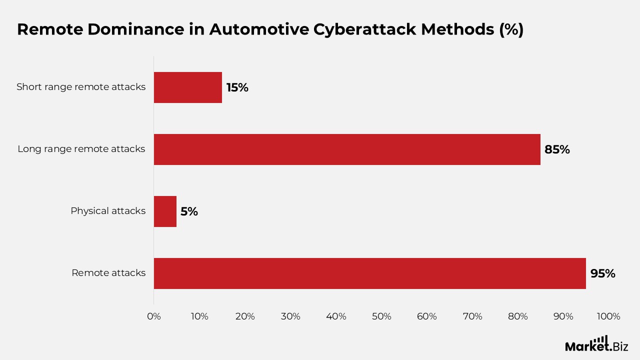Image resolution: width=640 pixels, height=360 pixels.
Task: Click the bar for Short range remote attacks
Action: point(188,87)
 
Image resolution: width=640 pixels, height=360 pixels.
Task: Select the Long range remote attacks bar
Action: point(347,149)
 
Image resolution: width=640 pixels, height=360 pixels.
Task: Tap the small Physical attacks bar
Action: point(165,211)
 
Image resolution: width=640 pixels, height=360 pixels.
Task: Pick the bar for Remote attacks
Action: point(369,273)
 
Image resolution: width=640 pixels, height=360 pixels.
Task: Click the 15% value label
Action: point(237,87)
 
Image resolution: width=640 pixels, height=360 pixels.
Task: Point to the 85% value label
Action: point(557,149)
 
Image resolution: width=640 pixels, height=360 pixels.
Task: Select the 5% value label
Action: point(189,211)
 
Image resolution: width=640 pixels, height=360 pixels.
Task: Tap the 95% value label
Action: point(602,273)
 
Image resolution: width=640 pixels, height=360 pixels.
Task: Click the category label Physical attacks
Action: point(108,211)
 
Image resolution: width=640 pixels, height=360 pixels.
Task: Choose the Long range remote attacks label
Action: point(81,149)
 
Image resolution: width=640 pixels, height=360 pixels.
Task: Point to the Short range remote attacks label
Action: point(81,87)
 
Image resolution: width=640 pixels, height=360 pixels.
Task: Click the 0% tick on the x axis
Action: point(154,316)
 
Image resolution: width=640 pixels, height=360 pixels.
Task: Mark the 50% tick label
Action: point(381,316)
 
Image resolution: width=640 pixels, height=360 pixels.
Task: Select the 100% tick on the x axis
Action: point(608,316)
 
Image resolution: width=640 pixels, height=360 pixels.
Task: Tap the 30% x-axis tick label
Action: point(290,316)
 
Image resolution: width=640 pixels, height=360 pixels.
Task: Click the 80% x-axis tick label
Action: point(518,316)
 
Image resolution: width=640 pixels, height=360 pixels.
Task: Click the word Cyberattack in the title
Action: point(365,29)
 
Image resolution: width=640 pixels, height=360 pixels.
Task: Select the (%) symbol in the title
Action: point(511,29)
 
